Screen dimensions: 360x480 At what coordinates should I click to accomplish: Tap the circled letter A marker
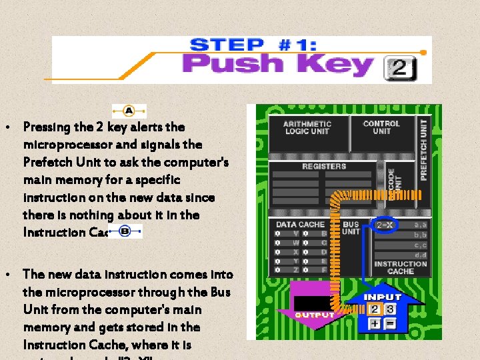click(129, 111)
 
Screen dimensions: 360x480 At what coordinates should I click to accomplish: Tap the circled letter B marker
click(124, 231)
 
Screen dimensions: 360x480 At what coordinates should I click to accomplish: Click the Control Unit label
click(381, 127)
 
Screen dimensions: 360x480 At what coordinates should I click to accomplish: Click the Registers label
click(324, 166)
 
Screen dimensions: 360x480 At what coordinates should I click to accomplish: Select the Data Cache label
click(300, 225)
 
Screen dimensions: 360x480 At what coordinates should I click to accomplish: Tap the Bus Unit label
click(351, 228)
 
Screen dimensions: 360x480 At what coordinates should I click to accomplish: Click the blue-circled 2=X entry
click(385, 225)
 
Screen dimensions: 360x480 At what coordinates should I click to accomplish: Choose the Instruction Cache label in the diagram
click(400, 267)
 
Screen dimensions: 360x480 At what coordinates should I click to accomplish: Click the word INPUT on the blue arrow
click(383, 297)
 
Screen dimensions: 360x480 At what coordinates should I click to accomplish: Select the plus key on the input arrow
click(375, 324)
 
